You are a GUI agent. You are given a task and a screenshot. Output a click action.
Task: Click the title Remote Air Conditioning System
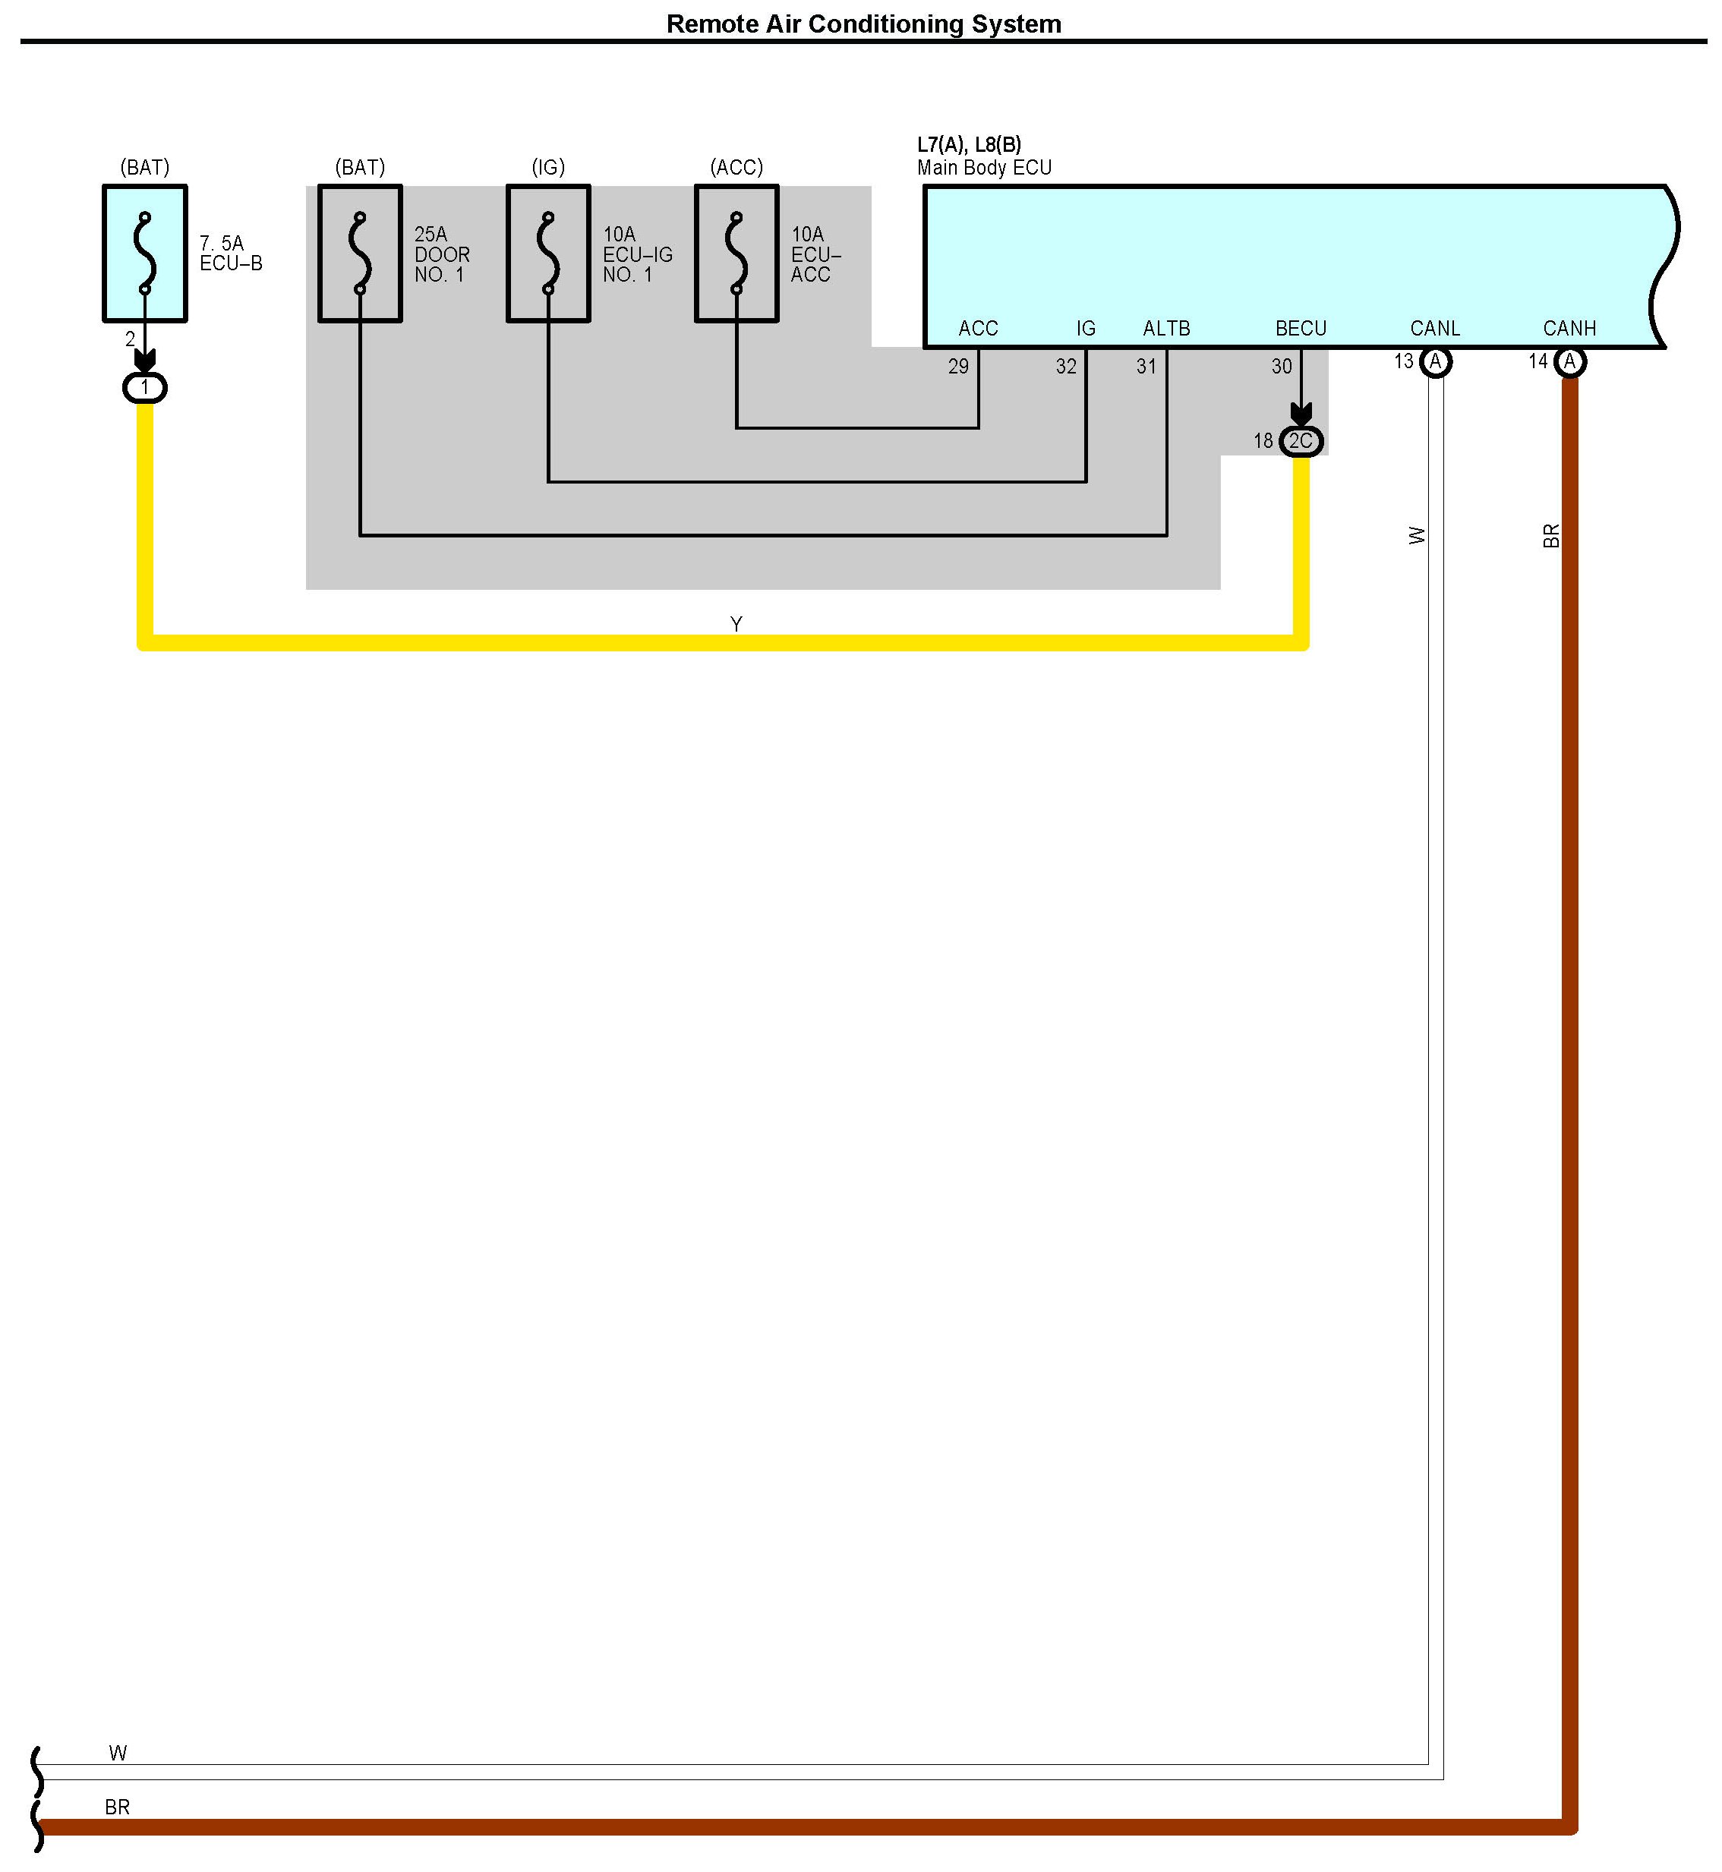(x=863, y=24)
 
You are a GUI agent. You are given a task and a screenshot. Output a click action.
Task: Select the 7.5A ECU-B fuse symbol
(x=144, y=254)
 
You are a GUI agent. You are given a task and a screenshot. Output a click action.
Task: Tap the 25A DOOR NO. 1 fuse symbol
(x=360, y=254)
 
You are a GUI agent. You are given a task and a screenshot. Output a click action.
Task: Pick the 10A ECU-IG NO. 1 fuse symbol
(x=548, y=254)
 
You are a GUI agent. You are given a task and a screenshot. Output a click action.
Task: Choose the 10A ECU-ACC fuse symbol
(x=736, y=254)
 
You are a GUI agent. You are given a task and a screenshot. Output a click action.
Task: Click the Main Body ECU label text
(x=984, y=168)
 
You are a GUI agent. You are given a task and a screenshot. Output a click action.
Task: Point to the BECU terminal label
(x=1301, y=328)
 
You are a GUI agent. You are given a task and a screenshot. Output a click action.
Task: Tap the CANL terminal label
(x=1435, y=328)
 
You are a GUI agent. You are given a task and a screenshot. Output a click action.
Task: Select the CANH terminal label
(x=1569, y=328)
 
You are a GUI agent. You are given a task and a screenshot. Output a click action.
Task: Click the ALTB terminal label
(x=1167, y=328)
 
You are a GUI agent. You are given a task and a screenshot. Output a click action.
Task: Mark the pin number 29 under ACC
(x=958, y=366)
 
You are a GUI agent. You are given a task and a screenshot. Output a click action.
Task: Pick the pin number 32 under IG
(x=1066, y=366)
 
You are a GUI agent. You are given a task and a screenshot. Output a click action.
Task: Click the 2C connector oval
(x=1301, y=441)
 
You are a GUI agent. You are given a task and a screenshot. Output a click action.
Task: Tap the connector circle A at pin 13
(x=1435, y=361)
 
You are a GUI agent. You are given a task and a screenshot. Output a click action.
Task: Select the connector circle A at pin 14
(x=1570, y=361)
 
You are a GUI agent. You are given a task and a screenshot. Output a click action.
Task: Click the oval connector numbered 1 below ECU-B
(x=144, y=388)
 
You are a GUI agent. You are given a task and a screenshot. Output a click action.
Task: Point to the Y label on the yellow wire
(x=736, y=624)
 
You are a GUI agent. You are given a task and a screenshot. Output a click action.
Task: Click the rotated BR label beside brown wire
(x=1551, y=536)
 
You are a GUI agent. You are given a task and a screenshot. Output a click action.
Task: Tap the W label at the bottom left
(x=118, y=1753)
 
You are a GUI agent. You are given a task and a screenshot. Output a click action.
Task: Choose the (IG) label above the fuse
(x=548, y=168)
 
